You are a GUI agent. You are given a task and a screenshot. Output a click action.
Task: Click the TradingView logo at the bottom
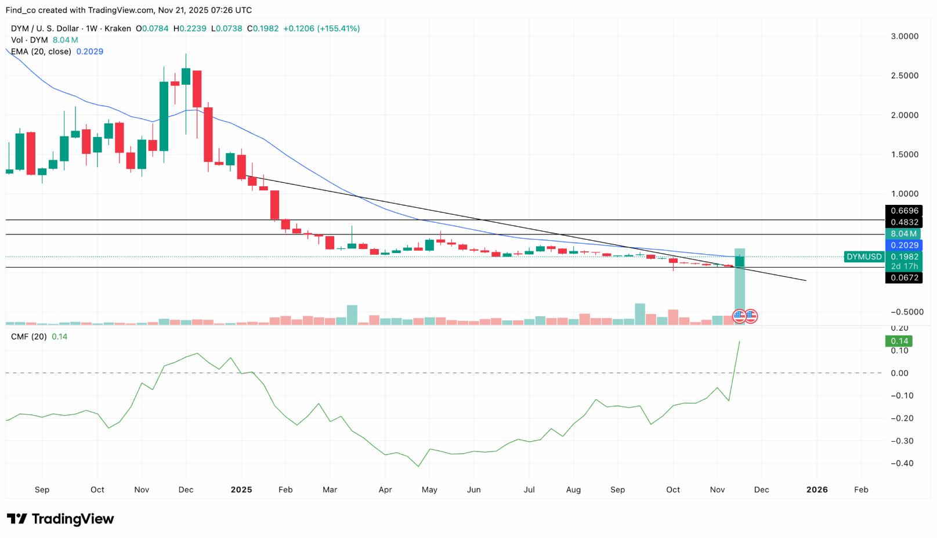coord(60,519)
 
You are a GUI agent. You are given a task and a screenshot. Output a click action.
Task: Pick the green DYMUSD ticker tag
coord(864,257)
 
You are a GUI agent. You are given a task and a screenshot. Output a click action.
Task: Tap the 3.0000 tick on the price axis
coord(905,36)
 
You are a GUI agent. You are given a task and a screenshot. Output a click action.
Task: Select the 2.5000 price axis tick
coord(905,75)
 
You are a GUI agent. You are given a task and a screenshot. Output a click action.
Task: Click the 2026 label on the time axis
coord(817,490)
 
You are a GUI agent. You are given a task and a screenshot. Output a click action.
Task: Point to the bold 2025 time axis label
coord(241,490)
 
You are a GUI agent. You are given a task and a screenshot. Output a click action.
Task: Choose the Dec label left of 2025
coord(186,490)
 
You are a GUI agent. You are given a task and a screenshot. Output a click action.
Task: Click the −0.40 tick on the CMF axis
coord(902,463)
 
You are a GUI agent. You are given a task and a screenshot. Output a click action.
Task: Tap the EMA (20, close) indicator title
coord(41,52)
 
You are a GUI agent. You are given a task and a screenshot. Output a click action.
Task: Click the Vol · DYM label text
coord(30,40)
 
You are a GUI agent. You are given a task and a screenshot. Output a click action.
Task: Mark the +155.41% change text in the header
coord(338,28)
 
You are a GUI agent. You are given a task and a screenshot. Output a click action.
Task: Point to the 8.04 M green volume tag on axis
coord(903,234)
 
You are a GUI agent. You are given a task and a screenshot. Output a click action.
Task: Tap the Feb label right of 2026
coord(861,490)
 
